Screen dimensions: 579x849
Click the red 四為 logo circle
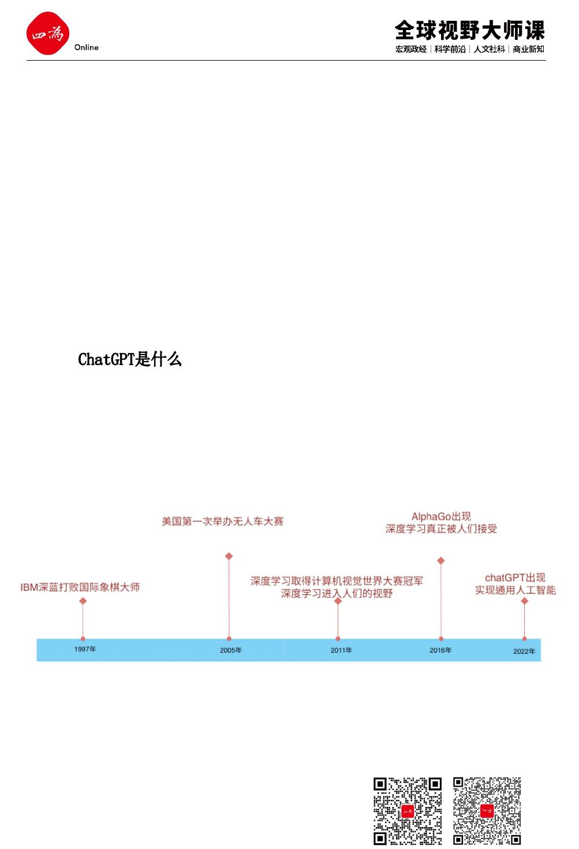(x=47, y=33)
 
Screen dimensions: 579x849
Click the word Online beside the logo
(x=87, y=47)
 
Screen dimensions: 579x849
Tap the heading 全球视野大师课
(x=469, y=30)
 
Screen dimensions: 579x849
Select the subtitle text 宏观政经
(x=411, y=49)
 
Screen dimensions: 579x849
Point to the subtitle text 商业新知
(x=528, y=49)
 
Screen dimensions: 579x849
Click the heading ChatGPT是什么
(x=130, y=359)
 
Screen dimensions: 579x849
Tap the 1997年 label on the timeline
(x=85, y=649)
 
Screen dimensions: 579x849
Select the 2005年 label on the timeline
(x=231, y=650)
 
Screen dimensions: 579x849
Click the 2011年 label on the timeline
(x=341, y=650)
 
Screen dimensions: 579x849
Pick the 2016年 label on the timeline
(x=440, y=650)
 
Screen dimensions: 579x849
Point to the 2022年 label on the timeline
(x=524, y=651)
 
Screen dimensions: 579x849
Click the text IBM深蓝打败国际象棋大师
(x=80, y=587)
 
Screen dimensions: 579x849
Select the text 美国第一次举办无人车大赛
(x=222, y=522)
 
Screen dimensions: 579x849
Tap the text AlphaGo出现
(x=441, y=516)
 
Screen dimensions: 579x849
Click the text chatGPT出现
(x=515, y=578)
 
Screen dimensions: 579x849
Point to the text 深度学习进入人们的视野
(x=337, y=593)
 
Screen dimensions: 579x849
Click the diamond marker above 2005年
(x=229, y=556)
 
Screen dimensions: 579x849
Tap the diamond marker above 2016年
(x=441, y=561)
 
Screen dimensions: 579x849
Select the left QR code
(x=408, y=811)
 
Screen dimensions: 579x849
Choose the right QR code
(x=487, y=811)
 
